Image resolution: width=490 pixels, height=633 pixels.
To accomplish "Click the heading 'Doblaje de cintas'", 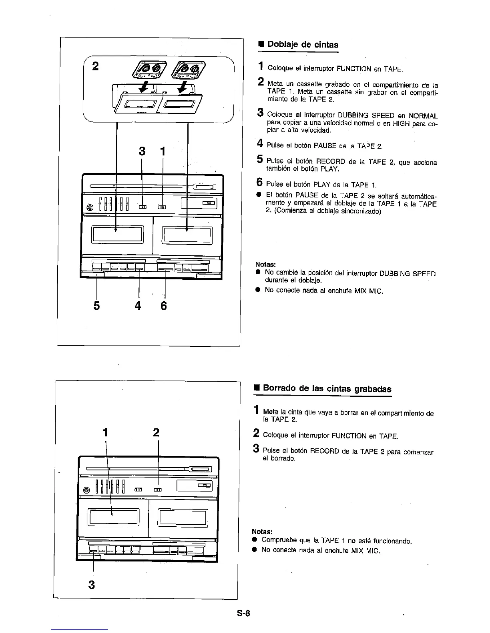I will click(x=302, y=44).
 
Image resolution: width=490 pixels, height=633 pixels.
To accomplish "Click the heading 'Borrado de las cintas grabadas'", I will click(x=327, y=389).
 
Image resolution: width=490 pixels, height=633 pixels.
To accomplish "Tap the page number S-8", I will click(x=243, y=613).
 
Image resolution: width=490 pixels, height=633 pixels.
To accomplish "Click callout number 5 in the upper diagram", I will click(x=96, y=306).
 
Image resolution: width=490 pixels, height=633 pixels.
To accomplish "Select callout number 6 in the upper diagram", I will click(x=163, y=306).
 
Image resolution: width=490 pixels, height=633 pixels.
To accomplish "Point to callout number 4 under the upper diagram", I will click(x=138, y=306).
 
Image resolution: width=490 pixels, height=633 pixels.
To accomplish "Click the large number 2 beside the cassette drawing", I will click(x=95, y=66).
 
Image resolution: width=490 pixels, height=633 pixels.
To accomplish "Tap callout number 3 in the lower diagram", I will click(x=92, y=585).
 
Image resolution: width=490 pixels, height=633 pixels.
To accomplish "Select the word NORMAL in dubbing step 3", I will click(x=423, y=116).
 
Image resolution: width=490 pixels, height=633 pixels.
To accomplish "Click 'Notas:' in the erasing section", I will click(x=262, y=531).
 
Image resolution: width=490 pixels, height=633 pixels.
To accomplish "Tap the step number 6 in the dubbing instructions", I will click(x=259, y=183).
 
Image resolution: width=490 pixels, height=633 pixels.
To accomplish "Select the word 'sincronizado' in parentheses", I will click(x=359, y=211).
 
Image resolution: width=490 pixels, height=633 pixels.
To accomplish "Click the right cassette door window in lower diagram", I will click(x=183, y=518).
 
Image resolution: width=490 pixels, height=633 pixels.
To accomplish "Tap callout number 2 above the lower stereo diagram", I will click(x=156, y=432).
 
